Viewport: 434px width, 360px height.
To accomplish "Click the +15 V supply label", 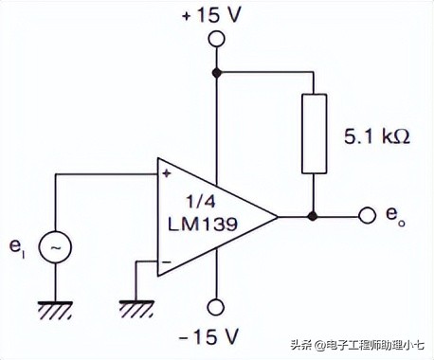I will point(216,16).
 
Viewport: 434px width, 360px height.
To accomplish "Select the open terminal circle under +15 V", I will point(217,40).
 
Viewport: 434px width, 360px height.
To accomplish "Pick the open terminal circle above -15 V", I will point(217,306).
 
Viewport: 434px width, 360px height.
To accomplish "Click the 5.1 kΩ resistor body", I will point(313,134).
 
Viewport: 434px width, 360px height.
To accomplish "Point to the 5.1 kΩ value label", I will point(376,135).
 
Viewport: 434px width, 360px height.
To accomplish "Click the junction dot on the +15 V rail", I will point(217,72).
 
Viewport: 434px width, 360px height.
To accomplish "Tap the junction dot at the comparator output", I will point(313,216).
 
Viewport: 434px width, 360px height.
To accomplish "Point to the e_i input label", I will point(17,246).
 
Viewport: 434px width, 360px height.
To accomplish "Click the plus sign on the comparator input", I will point(167,174).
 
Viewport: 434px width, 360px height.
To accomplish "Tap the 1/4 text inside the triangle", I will point(201,201).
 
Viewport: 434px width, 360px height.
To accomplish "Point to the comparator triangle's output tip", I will point(278,216).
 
